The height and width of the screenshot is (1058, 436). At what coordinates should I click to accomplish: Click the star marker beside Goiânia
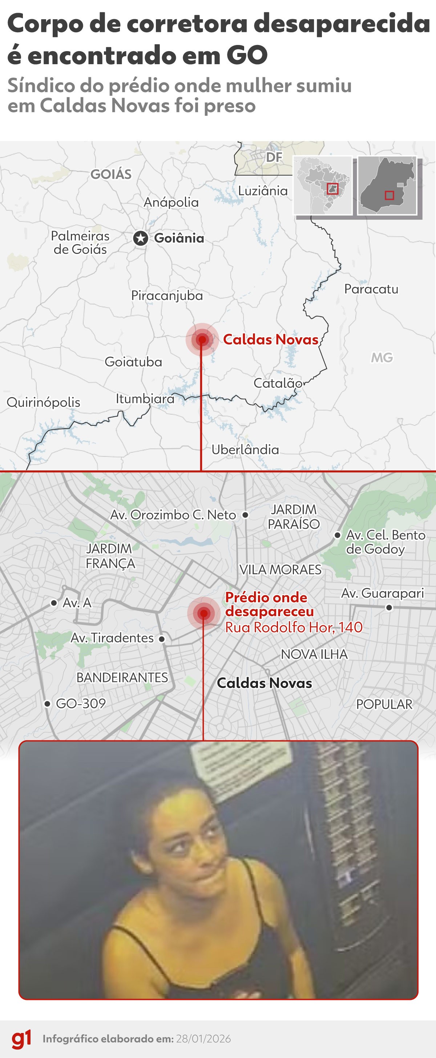(141, 238)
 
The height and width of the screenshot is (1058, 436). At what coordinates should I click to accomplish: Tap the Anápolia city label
(171, 202)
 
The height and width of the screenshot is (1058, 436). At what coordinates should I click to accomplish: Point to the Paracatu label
(371, 289)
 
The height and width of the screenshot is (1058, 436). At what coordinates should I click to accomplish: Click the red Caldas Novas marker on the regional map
(202, 339)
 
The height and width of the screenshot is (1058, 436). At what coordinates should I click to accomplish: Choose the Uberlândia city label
(245, 450)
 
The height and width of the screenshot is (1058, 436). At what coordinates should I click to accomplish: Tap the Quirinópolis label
(44, 402)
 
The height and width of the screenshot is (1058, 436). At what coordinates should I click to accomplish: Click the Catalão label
(278, 383)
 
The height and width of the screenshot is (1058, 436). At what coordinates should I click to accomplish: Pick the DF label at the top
(274, 157)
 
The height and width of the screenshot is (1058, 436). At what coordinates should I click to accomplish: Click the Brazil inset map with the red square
(323, 186)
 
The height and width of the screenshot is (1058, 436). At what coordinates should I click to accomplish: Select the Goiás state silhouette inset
(387, 186)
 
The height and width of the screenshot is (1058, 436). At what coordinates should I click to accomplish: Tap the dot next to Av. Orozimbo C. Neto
(246, 515)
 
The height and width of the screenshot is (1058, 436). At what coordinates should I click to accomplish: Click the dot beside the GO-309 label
(47, 704)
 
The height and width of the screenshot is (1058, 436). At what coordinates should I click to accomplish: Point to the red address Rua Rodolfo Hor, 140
(294, 627)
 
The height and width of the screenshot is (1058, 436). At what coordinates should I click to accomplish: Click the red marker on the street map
(203, 614)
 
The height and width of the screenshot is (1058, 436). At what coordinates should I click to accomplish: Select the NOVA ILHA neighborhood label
(314, 654)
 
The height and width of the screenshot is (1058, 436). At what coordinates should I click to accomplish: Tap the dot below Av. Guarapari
(389, 608)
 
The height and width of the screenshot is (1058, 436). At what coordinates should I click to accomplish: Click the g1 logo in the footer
(21, 1039)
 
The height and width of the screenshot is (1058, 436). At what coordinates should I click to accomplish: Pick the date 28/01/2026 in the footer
(203, 1039)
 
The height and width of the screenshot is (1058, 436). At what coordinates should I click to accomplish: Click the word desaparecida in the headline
(342, 24)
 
